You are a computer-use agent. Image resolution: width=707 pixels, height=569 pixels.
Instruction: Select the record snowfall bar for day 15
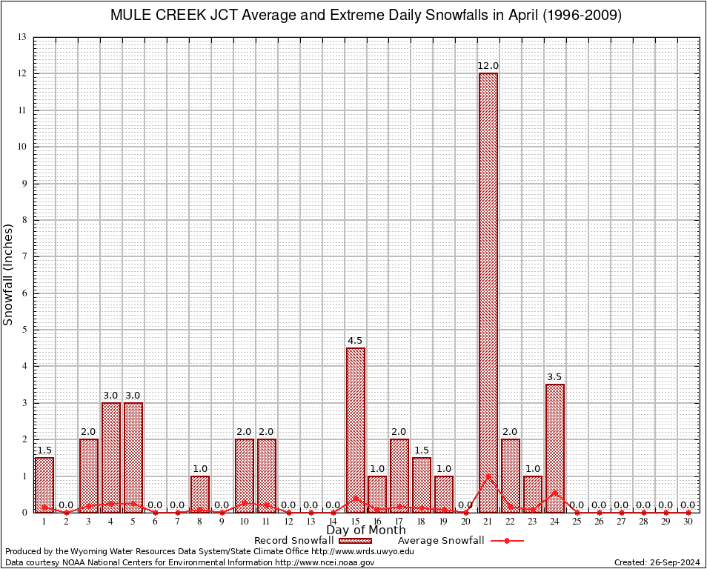point(355,430)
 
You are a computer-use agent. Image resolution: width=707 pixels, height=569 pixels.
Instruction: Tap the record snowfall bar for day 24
point(555,448)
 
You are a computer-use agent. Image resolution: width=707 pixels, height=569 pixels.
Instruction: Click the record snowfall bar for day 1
point(44,485)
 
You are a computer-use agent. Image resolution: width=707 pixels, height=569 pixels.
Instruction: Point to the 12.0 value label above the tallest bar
point(488,66)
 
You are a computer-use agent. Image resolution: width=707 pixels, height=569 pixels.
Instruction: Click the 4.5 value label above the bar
point(355,341)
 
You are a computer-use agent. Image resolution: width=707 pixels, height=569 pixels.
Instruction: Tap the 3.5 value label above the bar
point(555,377)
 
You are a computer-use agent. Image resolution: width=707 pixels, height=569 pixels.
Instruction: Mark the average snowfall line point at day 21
point(488,476)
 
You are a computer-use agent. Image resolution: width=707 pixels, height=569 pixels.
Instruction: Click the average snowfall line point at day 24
point(555,492)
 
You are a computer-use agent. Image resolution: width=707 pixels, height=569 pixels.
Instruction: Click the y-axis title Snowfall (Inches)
point(9,274)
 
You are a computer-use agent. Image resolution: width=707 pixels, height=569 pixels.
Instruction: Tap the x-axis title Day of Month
point(366,530)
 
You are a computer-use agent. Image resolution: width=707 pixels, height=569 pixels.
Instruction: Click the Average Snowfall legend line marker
point(507,541)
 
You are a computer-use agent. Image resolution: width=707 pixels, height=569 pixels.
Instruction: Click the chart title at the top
point(366,15)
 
